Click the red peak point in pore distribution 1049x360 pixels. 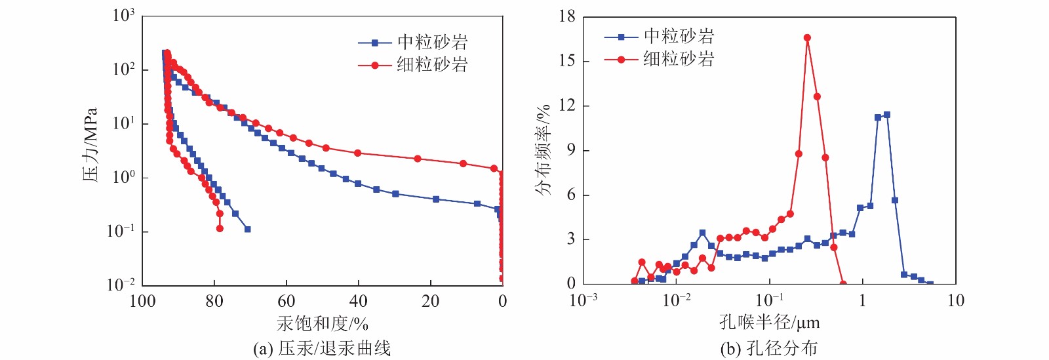pyautogui.click(x=807, y=38)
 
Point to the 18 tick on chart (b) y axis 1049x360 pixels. pyautogui.click(x=567, y=16)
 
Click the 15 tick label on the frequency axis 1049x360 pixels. pyautogui.click(x=567, y=61)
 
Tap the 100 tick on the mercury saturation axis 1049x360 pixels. pyautogui.click(x=143, y=302)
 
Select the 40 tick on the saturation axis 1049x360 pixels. pyautogui.click(x=358, y=302)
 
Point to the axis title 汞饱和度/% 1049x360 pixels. pyautogui.click(x=323, y=324)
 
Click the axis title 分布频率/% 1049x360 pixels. pyautogui.click(x=544, y=151)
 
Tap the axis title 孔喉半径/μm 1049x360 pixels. pyautogui.click(x=769, y=323)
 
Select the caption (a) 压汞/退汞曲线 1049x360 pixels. pyautogui.click(x=322, y=348)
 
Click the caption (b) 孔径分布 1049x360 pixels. pyautogui.click(x=769, y=348)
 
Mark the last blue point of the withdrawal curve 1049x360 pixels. pyautogui.click(x=247, y=230)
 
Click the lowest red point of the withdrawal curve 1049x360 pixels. pyautogui.click(x=220, y=228)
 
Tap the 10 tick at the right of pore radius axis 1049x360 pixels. pyautogui.click(x=956, y=301)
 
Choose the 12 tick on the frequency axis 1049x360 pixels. pyautogui.click(x=567, y=106)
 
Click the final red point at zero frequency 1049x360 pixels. pyautogui.click(x=843, y=284)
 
